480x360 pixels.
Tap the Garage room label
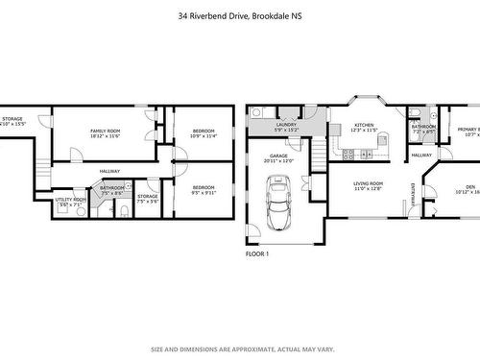(x=278, y=157)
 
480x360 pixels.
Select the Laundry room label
(x=285, y=127)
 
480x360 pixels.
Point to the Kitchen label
(x=364, y=127)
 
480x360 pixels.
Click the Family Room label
(x=105, y=132)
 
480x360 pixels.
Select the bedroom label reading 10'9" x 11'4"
(x=204, y=132)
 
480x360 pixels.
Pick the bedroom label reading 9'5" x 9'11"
(x=204, y=190)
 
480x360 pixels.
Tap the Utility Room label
(x=70, y=201)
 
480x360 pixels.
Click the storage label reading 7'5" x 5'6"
(x=147, y=200)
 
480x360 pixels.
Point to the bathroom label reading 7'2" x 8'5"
(x=423, y=128)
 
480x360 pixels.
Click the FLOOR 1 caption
(x=257, y=254)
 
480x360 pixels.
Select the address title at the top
(x=240, y=16)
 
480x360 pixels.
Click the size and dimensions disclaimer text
(x=239, y=348)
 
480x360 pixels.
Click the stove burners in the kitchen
(x=381, y=140)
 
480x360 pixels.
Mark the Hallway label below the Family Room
(x=108, y=171)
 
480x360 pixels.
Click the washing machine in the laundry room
(x=256, y=113)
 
